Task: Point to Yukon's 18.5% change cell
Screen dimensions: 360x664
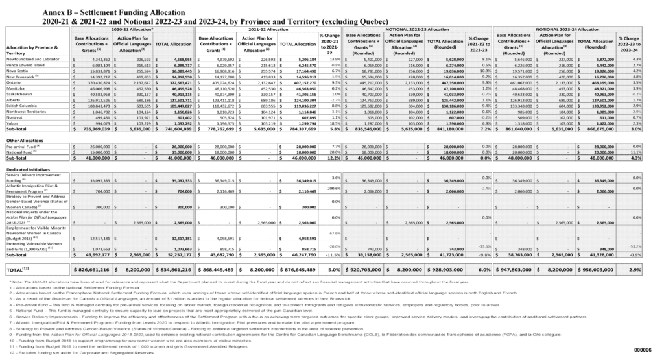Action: (326, 123)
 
